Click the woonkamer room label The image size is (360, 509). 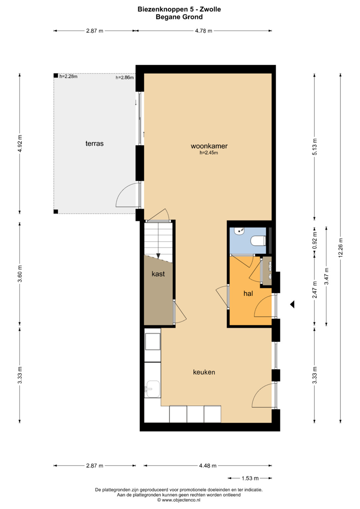point(209,146)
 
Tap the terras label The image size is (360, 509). point(94,144)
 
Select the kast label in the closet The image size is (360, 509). point(158,274)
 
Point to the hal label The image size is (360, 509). point(248,293)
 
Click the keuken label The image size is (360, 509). point(204,372)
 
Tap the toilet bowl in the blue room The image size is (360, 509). point(258,241)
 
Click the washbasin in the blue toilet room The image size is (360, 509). point(240,232)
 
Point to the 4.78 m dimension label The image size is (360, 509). point(204,31)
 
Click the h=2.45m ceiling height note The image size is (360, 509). point(209,153)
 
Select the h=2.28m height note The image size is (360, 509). point(68,76)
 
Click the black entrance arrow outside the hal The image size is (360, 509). point(292,304)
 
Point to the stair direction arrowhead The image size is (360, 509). point(158,256)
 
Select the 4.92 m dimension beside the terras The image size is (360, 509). point(20,143)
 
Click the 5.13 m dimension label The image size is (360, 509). point(314,147)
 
